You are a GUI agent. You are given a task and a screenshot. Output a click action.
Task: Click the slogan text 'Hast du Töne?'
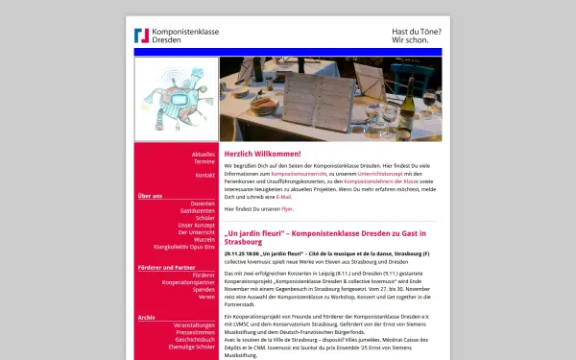tap(416, 31)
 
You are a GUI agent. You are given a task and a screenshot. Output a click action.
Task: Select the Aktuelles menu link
tap(203, 154)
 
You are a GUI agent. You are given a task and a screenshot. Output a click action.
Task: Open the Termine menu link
tap(204, 161)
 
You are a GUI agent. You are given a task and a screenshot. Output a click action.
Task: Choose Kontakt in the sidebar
tap(204, 176)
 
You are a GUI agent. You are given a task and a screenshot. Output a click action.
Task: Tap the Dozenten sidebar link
tap(202, 204)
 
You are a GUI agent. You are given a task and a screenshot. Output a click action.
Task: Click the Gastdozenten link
tap(197, 210)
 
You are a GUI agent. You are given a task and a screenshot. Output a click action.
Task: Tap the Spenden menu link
tap(203, 289)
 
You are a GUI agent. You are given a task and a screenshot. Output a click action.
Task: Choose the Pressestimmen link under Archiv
tap(195, 332)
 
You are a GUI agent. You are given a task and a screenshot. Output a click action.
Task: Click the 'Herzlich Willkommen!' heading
tap(262, 154)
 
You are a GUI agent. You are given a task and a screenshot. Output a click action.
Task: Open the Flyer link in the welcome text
tap(287, 208)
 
